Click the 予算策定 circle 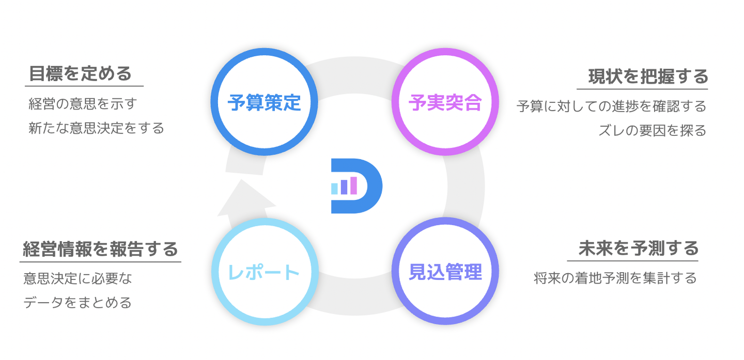pyautogui.click(x=264, y=102)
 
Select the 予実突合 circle pyautogui.click(x=445, y=102)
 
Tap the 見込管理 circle pyautogui.click(x=445, y=271)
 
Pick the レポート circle pyautogui.click(x=264, y=271)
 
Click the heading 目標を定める pyautogui.click(x=80, y=74)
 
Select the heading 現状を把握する pyautogui.click(x=648, y=77)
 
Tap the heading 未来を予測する pyautogui.click(x=639, y=248)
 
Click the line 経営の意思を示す pyautogui.click(x=83, y=104)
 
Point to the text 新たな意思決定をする pyautogui.click(x=96, y=128)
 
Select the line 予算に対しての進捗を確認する pyautogui.click(x=611, y=107)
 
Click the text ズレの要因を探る pyautogui.click(x=652, y=131)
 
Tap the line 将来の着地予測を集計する pyautogui.click(x=615, y=278)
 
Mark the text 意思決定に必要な pyautogui.click(x=78, y=279)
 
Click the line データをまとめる pyautogui.click(x=78, y=303)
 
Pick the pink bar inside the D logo pyautogui.click(x=353, y=185)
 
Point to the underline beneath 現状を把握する pyautogui.click(x=642, y=89)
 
